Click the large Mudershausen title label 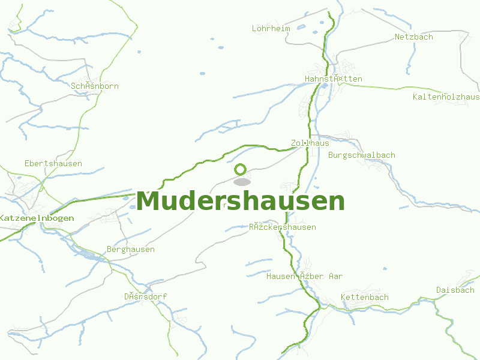pos(241,201)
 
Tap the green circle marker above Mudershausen pos(241,170)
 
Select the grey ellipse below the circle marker pos(242,182)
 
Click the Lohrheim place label pos(271,28)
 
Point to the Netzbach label pos(413,37)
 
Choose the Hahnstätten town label pos(334,79)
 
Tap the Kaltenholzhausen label pos(446,97)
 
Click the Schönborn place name pos(95,86)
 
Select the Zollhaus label pos(310,143)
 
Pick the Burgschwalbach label pos(362,155)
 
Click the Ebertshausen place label pos(53,163)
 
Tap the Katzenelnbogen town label pos(37,218)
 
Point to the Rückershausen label pos(283,227)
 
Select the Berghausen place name pos(130,249)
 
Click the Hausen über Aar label pos(304,276)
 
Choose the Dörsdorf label pos(145,296)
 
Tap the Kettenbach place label pos(364,297)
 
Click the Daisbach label pos(455,290)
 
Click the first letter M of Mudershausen pos(149,201)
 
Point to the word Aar pos(335,276)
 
